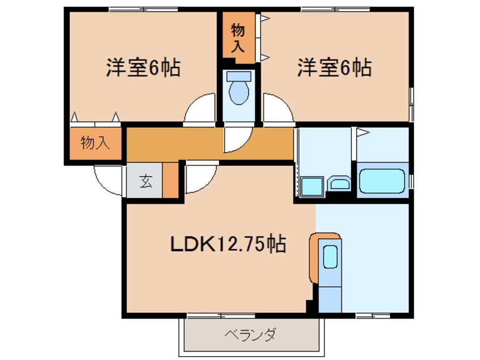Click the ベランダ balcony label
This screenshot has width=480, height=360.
[250, 334]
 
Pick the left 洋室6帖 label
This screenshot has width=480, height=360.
[143, 68]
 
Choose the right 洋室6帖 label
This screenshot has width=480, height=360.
[334, 68]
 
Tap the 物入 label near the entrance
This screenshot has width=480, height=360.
[95, 143]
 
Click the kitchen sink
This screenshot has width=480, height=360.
[330, 257]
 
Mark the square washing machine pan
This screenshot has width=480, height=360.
[311, 186]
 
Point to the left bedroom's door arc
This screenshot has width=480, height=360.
[200, 109]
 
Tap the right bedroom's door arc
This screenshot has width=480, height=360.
[276, 109]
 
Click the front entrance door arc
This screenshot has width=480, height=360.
[108, 181]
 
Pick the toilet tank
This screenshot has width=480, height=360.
[239, 76]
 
